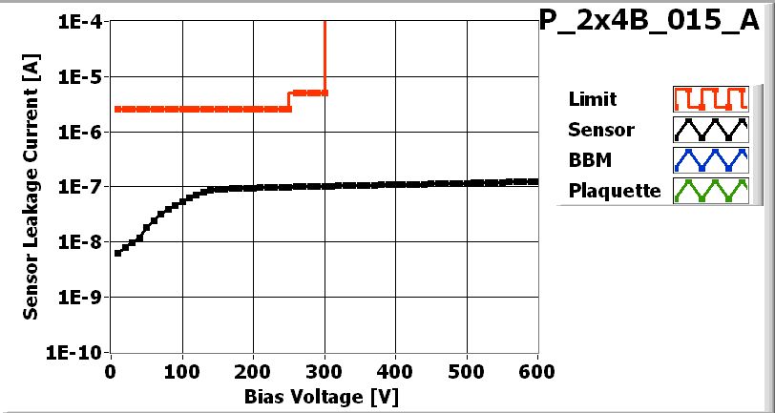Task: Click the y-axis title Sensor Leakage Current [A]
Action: (x=31, y=186)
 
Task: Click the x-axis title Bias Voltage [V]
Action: (x=325, y=394)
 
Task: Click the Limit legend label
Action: (x=592, y=99)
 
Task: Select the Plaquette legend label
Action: (x=615, y=191)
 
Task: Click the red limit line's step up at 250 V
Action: (x=289, y=101)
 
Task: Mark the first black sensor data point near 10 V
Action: (x=117, y=253)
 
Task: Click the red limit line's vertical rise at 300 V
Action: (x=325, y=57)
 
